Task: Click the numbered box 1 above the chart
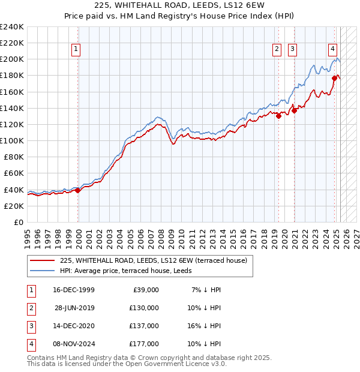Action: pyautogui.click(x=77, y=50)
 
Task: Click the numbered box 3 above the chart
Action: pyautogui.click(x=292, y=50)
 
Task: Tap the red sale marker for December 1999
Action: pyautogui.click(x=78, y=190)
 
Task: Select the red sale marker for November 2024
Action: pyautogui.click(x=334, y=78)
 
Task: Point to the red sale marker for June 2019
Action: pyautogui.click(x=278, y=116)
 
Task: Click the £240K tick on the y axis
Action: pyautogui.click(x=12, y=27)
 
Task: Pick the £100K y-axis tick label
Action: pyautogui.click(x=12, y=140)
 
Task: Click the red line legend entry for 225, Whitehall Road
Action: pyautogui.click(x=157, y=260)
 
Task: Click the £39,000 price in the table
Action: pyautogui.click(x=145, y=290)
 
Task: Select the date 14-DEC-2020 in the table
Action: pyautogui.click(x=74, y=326)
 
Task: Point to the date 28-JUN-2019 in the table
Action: pyautogui.click(x=74, y=308)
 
